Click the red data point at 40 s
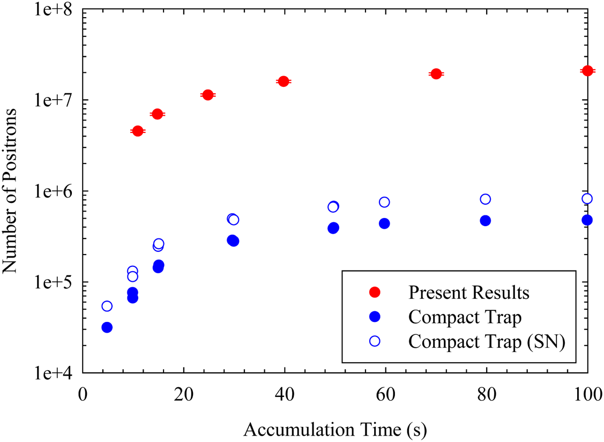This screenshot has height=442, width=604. coord(284,81)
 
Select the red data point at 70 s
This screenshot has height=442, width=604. coord(436,73)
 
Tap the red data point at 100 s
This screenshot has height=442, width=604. coord(587,71)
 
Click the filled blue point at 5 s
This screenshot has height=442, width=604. coord(107,327)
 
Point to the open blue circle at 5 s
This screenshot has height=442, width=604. coord(107,306)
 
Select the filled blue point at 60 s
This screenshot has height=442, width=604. coord(384,223)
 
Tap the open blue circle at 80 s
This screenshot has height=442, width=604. coord(486,199)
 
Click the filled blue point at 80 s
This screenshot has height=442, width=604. coord(486,221)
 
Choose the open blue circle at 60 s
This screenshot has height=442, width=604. coord(384,202)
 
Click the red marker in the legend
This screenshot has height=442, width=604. coord(375,293)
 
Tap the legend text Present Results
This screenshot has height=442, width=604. coord(469,293)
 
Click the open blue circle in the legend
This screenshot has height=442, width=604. coord(375,341)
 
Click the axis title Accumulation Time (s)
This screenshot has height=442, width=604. coord(335,429)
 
